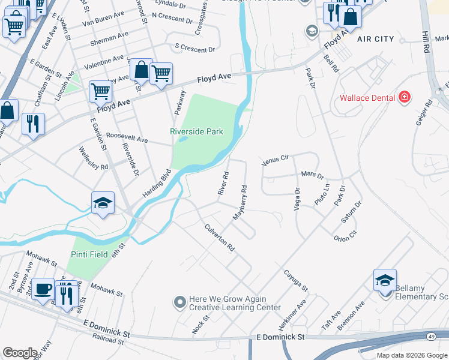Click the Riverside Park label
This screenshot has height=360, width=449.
click(x=196, y=131)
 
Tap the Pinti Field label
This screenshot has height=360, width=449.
click(x=89, y=254)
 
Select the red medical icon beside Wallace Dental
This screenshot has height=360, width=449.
click(x=405, y=97)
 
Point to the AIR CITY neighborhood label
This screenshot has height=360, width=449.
click(x=375, y=39)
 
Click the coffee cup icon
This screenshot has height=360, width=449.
click(x=43, y=289)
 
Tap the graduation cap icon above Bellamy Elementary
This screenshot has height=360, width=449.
click(x=385, y=280)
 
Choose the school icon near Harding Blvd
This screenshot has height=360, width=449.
click(x=103, y=203)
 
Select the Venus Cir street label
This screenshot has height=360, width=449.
click(x=276, y=160)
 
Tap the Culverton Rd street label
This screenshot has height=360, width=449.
click(x=219, y=238)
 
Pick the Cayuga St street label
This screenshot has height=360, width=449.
click(x=296, y=280)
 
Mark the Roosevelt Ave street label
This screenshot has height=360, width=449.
click(x=127, y=139)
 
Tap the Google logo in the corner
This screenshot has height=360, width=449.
click(x=20, y=353)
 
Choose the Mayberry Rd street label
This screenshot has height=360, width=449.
click(x=241, y=202)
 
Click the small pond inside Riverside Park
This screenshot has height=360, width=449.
click(x=184, y=139)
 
